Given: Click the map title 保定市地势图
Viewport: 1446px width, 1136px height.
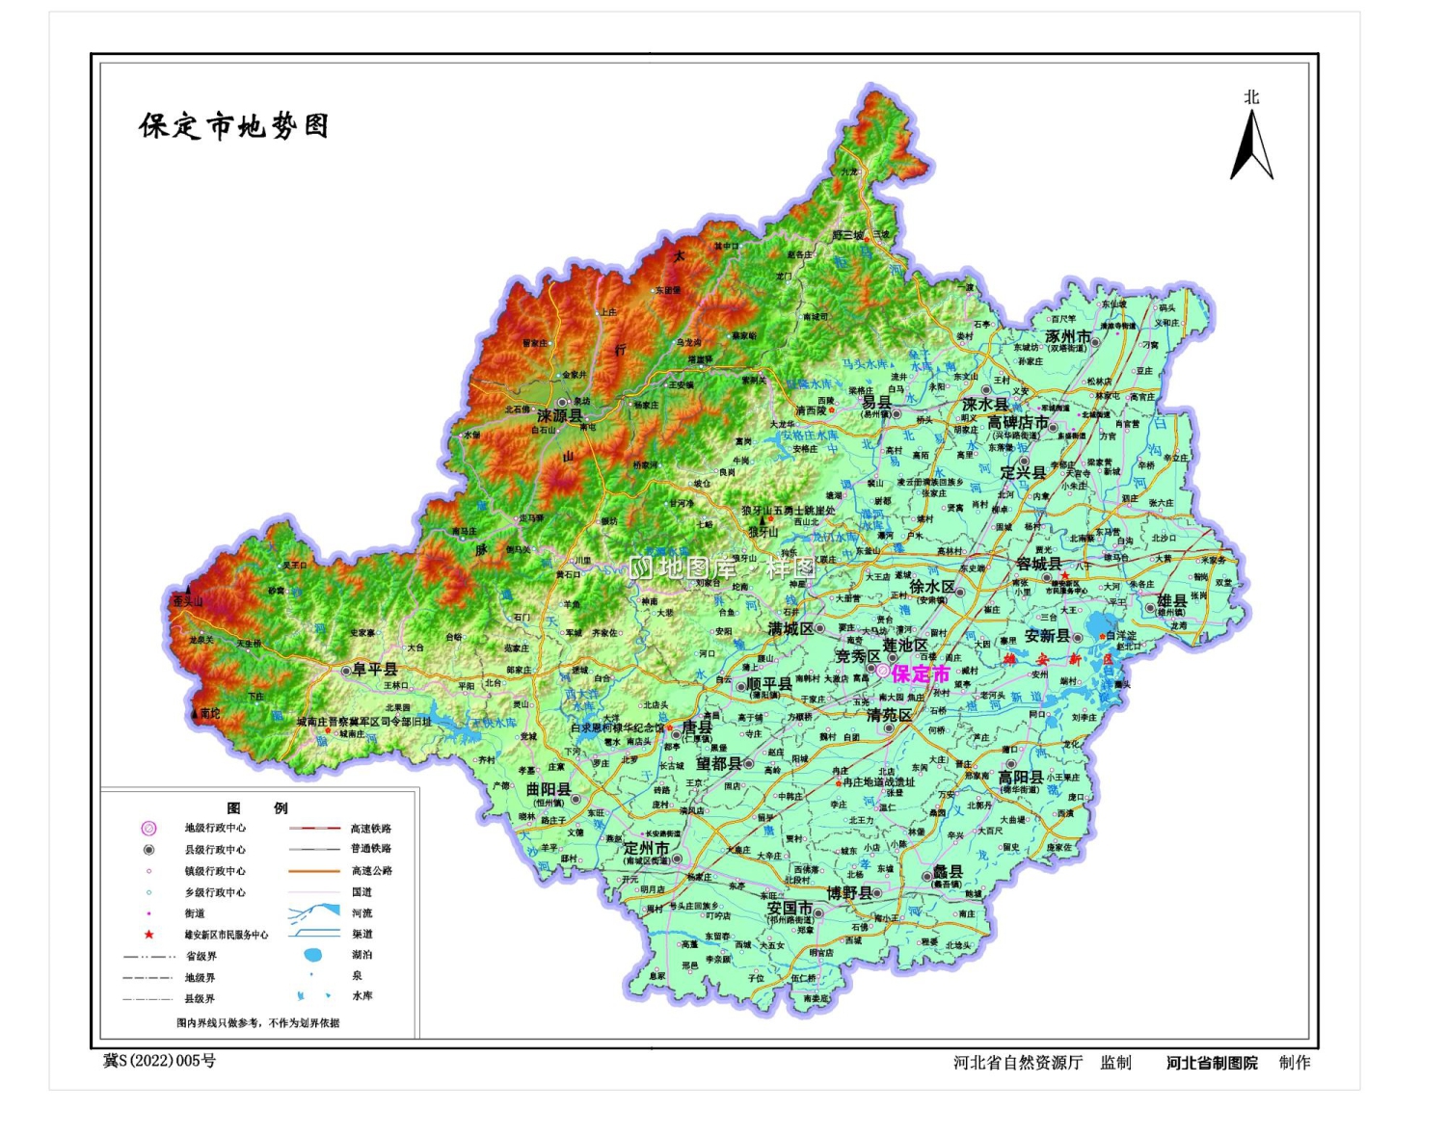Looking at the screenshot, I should click(234, 126).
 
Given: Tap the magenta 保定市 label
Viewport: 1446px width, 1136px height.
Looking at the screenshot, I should click(920, 674).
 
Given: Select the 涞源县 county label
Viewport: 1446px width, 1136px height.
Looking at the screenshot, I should click(560, 416).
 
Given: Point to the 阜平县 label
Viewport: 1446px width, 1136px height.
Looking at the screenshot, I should click(375, 669).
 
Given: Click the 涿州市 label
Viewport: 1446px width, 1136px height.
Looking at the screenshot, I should click(1068, 336).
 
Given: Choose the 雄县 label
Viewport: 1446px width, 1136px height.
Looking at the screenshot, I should click(1171, 600).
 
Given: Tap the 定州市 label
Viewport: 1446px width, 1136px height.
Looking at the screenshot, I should click(646, 848).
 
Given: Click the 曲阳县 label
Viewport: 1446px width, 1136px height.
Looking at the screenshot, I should click(549, 789).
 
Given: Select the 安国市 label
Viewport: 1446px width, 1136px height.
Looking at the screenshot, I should click(790, 908).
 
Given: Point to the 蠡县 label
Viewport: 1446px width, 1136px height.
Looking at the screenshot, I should click(948, 871).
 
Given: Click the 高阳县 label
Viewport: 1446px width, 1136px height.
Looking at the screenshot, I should click(1020, 777).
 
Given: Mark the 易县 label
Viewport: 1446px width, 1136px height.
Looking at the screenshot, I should click(876, 403).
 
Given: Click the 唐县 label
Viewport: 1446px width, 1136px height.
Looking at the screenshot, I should click(697, 727).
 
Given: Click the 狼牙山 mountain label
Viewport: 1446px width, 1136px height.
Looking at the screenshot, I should click(763, 532).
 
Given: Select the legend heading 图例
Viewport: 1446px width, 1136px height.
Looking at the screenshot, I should click(256, 807).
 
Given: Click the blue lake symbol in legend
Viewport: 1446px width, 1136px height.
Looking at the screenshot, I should click(312, 955).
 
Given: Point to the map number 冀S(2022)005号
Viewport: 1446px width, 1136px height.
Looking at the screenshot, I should click(160, 1061).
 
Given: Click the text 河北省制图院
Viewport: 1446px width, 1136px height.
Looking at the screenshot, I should click(1212, 1063).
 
